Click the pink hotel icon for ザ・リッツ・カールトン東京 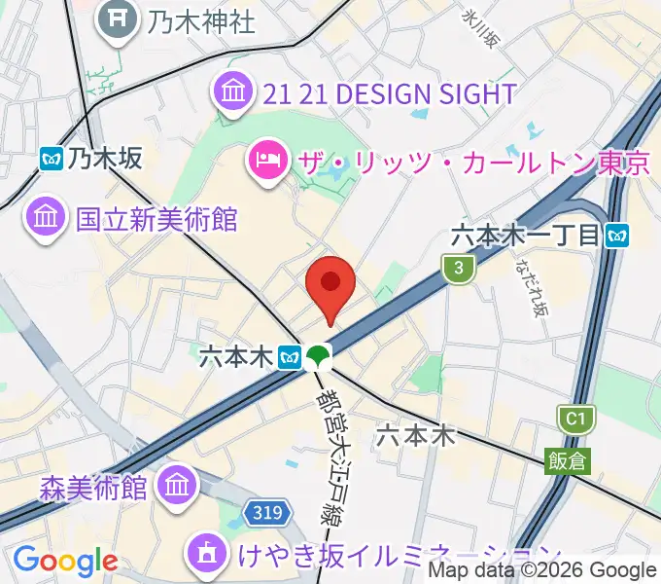tap(266, 160)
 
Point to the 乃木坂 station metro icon tap(52, 158)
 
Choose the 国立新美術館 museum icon tap(45, 217)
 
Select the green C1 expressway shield tap(575, 420)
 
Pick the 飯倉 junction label tap(566, 460)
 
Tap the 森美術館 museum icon tap(177, 484)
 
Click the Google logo tap(65, 561)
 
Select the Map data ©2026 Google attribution tap(542, 571)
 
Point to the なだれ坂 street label tap(533, 288)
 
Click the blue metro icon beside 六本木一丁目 tap(616, 235)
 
